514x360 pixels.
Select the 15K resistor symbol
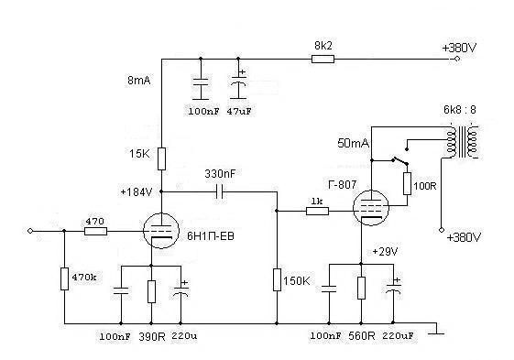(161, 159)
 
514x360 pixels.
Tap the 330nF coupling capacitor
(219, 191)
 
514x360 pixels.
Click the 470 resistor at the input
(95, 232)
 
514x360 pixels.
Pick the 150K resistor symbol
(276, 279)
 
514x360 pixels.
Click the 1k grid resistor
(317, 212)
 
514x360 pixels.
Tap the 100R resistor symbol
(407, 183)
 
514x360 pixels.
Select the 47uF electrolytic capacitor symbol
(240, 89)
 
